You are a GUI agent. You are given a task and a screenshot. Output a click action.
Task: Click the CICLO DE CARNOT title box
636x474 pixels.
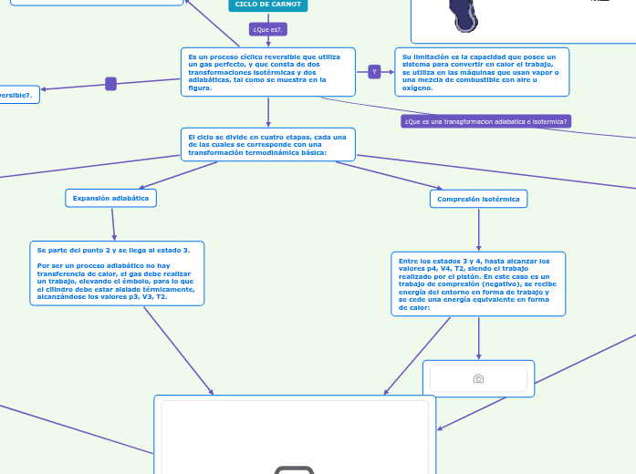click(267, 5)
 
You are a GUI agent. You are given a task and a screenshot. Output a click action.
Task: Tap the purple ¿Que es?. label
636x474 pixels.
click(268, 29)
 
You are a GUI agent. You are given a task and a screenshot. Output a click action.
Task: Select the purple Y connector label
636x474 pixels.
click(374, 72)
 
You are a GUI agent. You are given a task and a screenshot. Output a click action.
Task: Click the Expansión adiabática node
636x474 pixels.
click(110, 198)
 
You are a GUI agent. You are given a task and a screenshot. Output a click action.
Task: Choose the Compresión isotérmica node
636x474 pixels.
click(478, 199)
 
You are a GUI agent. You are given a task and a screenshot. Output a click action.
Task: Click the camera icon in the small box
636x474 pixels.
click(478, 378)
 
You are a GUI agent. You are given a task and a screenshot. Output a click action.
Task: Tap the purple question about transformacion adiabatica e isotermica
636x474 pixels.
click(485, 121)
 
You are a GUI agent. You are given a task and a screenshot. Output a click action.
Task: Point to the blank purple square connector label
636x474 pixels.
click(110, 84)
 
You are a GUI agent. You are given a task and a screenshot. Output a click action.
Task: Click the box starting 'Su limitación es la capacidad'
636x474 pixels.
click(481, 72)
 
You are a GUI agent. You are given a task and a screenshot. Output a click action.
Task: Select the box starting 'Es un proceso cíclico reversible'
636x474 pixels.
click(267, 72)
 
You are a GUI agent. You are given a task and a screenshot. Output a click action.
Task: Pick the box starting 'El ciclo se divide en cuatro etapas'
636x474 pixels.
click(267, 144)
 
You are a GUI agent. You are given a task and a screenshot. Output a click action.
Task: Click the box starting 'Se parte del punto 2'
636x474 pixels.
click(116, 273)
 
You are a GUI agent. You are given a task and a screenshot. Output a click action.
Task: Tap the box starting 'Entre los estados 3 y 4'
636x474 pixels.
click(478, 283)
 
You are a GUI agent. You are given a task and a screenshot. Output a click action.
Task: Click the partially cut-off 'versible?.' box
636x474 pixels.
click(18, 95)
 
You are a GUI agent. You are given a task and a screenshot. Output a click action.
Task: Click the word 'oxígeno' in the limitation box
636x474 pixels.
click(417, 88)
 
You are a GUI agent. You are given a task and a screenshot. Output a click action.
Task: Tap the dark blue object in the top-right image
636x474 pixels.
click(462, 15)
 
